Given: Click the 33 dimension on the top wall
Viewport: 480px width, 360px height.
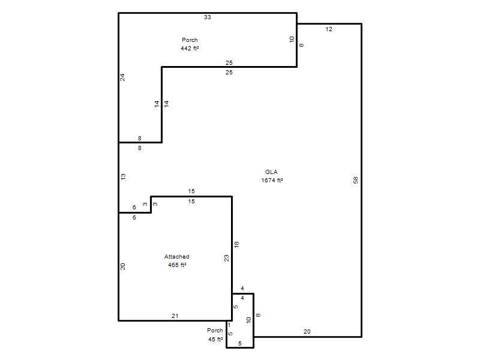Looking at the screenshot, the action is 208,17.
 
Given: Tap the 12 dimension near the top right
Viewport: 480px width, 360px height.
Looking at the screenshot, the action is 329,29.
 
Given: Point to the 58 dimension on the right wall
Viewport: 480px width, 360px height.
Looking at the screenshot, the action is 355,181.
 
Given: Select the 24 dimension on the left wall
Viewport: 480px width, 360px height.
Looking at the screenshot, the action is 122,77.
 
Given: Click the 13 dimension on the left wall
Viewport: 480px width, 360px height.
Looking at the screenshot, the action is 123,176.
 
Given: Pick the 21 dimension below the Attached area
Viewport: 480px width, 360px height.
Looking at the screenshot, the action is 175,316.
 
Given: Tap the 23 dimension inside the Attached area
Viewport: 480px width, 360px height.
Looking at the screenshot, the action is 227,259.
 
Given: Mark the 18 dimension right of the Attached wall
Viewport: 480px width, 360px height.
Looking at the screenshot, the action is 236,244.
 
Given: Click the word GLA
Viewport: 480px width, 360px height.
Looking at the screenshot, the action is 272,172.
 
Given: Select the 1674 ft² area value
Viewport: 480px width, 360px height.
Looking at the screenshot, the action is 272,181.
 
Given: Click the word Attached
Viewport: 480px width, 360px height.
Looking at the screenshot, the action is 176,257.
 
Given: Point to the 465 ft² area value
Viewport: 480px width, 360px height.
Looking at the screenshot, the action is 177,265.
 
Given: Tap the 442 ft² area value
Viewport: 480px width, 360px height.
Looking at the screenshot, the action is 190,48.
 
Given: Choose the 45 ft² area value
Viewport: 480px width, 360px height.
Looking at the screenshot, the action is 215,339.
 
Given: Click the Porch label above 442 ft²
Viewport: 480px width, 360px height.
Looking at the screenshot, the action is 190,40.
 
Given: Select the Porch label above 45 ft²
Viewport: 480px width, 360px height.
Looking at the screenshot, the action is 215,331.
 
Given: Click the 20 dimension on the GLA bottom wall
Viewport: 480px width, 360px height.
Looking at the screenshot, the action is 307,332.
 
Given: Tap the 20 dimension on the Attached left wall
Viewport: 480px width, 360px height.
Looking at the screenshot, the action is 123,266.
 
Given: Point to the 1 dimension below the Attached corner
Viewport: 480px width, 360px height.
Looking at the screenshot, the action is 229,325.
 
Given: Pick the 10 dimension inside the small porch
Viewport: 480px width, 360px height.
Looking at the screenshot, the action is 248,320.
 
